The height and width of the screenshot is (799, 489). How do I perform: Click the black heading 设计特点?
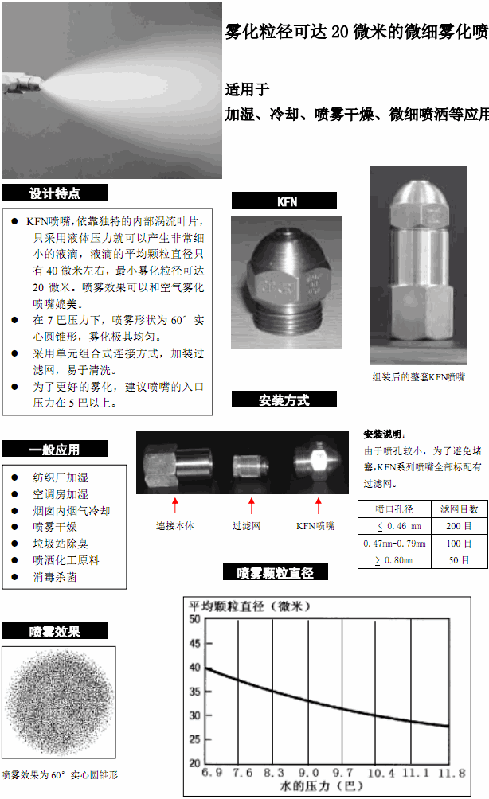coord(54,193)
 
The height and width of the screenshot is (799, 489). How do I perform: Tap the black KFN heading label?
coord(284,201)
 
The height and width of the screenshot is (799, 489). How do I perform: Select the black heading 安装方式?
coord(284,399)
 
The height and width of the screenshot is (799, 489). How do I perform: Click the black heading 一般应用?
coord(54,449)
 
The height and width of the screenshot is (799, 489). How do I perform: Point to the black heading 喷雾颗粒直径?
coord(276,572)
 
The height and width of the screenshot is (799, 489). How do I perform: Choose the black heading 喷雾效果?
coord(54,632)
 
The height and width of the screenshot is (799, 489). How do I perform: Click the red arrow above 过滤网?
coord(252,505)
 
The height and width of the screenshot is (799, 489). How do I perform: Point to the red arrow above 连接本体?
coord(175,505)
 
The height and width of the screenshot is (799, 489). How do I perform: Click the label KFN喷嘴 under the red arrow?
coord(315,526)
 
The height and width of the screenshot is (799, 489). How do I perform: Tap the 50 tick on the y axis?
coord(194,618)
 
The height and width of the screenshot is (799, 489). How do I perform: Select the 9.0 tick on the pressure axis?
coord(308,773)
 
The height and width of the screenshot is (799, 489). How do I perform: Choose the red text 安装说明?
coord(384,435)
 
